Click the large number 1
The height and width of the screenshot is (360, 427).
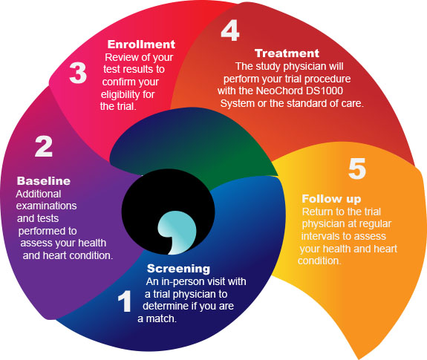coord(125,301)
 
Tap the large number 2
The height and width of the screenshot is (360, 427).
coord(44,146)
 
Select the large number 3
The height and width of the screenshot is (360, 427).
coord(78,73)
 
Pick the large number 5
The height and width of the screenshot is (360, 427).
coord(357,168)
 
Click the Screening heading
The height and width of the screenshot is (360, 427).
coord(179,269)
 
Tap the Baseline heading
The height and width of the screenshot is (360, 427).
coord(44,181)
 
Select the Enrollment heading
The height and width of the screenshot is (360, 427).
coord(141,45)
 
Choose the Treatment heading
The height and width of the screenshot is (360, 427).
coord(287,53)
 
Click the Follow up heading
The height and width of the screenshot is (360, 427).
coord(331,199)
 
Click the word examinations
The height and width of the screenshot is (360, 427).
coord(46,206)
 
